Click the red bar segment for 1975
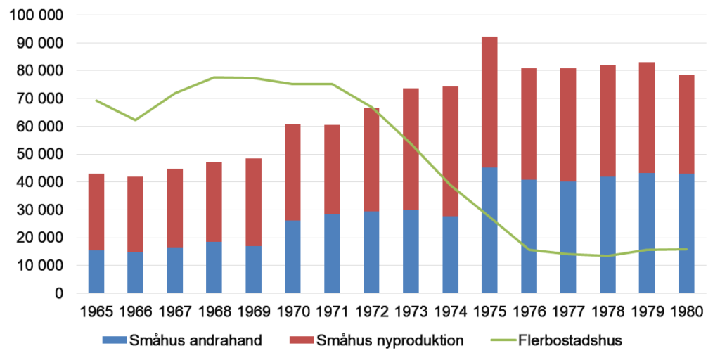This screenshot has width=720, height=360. pyautogui.click(x=489, y=102)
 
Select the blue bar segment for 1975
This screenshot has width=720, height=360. pyautogui.click(x=489, y=230)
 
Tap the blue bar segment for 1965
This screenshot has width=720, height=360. pyautogui.click(x=96, y=271)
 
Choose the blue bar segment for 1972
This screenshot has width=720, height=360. pyautogui.click(x=371, y=252)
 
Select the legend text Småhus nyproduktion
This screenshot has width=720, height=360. pyautogui.click(x=390, y=341)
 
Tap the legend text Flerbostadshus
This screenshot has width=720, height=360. pyautogui.click(x=570, y=341)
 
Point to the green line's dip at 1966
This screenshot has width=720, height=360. pyautogui.click(x=135, y=120)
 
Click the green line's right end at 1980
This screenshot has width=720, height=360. pyautogui.click(x=686, y=249)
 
